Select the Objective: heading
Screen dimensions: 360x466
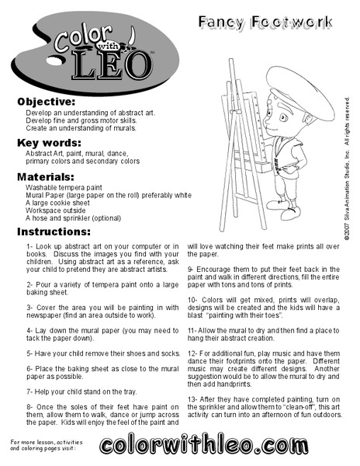pos(47,102)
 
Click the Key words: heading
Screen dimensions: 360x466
pos(47,142)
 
